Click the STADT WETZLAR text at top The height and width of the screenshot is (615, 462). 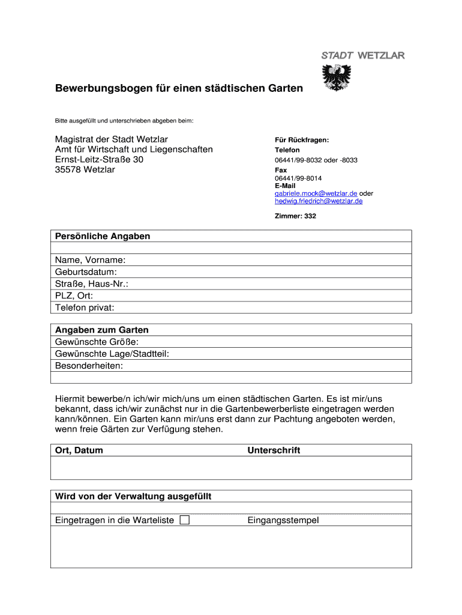click(x=363, y=55)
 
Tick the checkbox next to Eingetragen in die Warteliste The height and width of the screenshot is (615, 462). click(x=184, y=520)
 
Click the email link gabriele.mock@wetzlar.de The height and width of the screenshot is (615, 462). click(x=316, y=193)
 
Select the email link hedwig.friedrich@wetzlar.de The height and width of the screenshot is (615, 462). click(x=319, y=201)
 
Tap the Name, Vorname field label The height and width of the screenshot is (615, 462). click(x=91, y=260)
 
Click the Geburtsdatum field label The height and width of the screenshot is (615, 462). click(x=86, y=272)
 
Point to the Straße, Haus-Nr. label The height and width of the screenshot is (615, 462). click(x=92, y=283)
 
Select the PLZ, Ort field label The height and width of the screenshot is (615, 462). click(x=74, y=295)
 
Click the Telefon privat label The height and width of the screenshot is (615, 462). click(x=85, y=307)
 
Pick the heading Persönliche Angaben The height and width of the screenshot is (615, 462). click(x=103, y=236)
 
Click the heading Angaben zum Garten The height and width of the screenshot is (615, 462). click(x=102, y=330)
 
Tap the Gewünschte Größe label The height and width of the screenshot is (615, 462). click(x=97, y=342)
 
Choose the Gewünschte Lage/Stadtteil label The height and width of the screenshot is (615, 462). click(x=112, y=354)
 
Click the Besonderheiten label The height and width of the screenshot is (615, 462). click(x=89, y=365)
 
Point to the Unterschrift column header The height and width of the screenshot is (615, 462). click(x=274, y=450)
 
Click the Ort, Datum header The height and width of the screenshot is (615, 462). click(x=79, y=450)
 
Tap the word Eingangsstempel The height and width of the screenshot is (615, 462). click(x=283, y=520)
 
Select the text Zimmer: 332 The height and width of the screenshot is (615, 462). click(x=295, y=216)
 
